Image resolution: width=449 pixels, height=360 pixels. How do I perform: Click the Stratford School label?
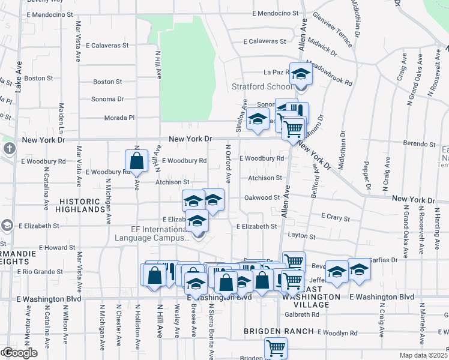tap(258, 86)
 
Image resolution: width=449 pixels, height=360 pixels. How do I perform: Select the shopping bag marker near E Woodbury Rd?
tap(137, 161)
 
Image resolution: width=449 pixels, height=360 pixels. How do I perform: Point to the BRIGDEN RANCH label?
tap(279, 331)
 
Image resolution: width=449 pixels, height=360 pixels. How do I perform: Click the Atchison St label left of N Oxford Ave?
tap(173, 182)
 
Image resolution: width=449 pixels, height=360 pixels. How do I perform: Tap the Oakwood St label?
tap(262, 197)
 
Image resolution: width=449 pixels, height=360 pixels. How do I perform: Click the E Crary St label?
tap(336, 216)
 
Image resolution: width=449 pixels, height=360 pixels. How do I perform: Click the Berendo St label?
tap(419, 144)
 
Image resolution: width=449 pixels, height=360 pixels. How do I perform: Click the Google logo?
tap(19, 353)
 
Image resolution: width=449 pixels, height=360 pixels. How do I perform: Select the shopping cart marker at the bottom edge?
tap(276, 348)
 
